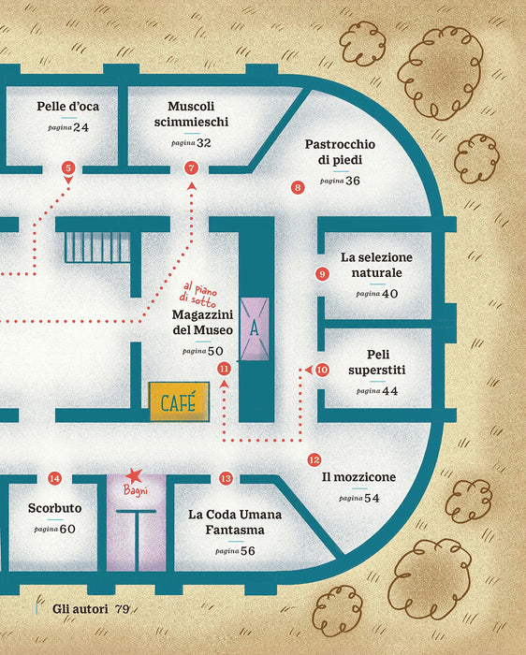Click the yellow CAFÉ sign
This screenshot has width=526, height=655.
coord(179,401)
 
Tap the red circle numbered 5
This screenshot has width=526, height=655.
coord(68,167)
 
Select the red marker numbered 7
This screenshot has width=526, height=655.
coord(191,167)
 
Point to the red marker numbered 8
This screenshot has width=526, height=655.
coord(298,187)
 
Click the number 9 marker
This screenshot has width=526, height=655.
coord(322,274)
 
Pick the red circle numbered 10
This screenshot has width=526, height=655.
coord(322,370)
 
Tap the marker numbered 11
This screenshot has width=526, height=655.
coord(225,369)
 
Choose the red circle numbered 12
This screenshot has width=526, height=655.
coord(314,460)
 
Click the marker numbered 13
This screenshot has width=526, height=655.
coord(226,478)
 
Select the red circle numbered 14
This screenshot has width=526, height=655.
coord(54,478)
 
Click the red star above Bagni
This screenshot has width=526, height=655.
coord(134,475)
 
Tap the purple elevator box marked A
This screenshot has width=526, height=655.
coord(255,329)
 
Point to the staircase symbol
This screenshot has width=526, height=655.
coord(97,247)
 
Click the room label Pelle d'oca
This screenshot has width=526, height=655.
coord(68,106)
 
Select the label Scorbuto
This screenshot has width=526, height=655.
coord(54,508)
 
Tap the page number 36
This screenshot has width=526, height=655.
coord(353,181)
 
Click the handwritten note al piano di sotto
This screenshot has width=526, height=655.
coord(198,295)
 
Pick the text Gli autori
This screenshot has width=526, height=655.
coord(80,608)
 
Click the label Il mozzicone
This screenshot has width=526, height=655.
coord(358,477)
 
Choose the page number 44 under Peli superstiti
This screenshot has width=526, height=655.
coord(389,390)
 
